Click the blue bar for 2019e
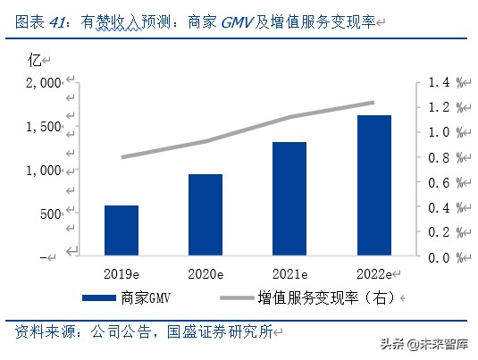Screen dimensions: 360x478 tap(122, 230)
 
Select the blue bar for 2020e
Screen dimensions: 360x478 tap(205, 214)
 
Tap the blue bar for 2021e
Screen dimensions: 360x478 tap(289, 199)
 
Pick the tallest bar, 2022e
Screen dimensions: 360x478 tap(373, 186)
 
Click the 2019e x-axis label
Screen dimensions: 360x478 tap(122, 274)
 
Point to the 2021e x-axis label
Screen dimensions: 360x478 tap(289, 274)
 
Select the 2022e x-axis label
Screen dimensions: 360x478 tap(373, 274)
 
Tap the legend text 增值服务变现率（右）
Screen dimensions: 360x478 tap(326, 297)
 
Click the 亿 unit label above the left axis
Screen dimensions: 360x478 tap(35, 60)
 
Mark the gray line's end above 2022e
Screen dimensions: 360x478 tap(373, 102)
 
